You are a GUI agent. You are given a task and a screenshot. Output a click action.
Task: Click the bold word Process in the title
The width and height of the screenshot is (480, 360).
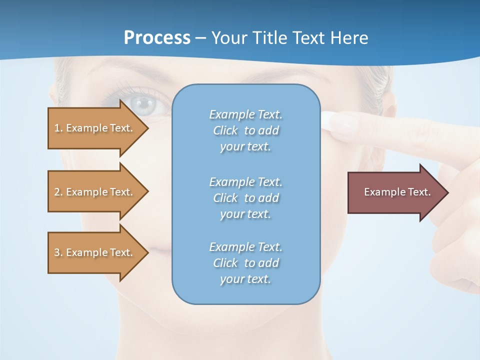coord(157,38)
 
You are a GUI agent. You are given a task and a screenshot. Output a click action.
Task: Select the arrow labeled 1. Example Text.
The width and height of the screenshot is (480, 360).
coord(95,128)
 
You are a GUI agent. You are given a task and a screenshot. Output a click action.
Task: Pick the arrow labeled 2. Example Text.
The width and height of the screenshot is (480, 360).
coord(95,192)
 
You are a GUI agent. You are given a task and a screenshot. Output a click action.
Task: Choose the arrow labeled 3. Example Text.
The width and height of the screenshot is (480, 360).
coord(95,252)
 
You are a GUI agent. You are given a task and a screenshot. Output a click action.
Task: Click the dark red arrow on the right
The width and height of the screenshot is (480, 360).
coord(395,192)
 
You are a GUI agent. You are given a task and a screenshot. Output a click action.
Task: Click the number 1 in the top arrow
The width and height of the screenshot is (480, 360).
coord(57,128)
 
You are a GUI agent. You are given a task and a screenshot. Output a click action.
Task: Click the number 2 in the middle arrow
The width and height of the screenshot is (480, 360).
coord(57,192)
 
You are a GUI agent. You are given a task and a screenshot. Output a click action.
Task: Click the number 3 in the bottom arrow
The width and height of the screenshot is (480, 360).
coord(57,252)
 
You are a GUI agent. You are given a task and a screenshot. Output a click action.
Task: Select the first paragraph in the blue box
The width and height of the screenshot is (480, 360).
coord(245,130)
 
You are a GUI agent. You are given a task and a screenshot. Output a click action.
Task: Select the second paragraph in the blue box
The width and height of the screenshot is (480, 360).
coord(245,197)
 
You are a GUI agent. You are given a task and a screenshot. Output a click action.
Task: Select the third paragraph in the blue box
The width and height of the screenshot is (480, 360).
coord(245,263)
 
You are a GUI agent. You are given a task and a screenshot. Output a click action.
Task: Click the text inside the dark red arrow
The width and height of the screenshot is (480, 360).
coord(397,192)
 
